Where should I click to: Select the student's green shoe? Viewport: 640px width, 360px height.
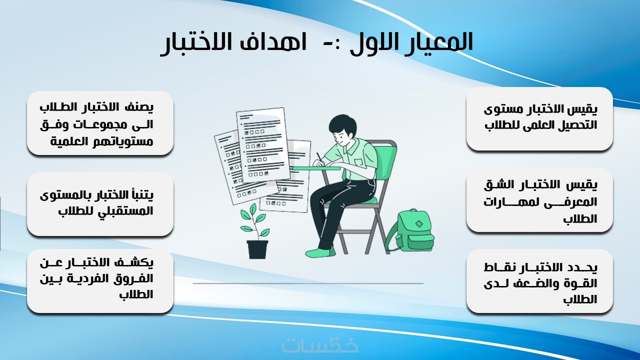pos(320,252)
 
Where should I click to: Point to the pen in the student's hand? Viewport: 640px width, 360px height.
pos(319,158)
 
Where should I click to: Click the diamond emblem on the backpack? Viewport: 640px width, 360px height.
pos(419,223)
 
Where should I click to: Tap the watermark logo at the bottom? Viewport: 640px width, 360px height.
pos(319,345)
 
